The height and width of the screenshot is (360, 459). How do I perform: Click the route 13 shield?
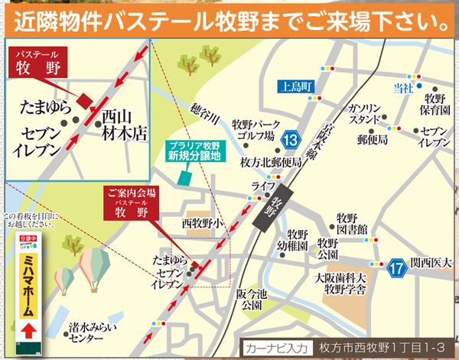pos(289,140)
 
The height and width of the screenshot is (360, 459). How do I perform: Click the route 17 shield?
pos(396,268)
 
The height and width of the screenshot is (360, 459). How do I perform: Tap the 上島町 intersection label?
pos(294,86)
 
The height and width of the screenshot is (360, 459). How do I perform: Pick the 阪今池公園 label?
pos(250,298)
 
